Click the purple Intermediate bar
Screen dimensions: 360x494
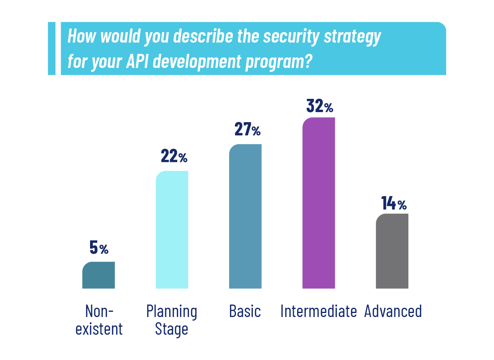tap(318, 203)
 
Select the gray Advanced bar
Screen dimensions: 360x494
tap(392, 251)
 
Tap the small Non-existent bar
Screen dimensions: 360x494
tap(98, 275)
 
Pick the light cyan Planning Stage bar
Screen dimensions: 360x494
tap(172, 230)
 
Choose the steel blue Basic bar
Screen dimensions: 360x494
tap(245, 217)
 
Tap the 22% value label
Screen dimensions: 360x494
tap(174, 156)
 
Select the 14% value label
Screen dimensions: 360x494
tap(394, 204)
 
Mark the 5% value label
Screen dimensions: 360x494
tap(99, 248)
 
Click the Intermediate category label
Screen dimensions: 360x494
tap(318, 311)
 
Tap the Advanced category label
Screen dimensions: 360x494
tap(393, 311)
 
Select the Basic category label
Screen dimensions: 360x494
tap(245, 311)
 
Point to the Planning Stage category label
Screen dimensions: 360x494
tap(172, 320)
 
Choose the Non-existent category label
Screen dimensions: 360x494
tap(99, 320)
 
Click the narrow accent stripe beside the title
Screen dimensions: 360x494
tap(51, 48)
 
